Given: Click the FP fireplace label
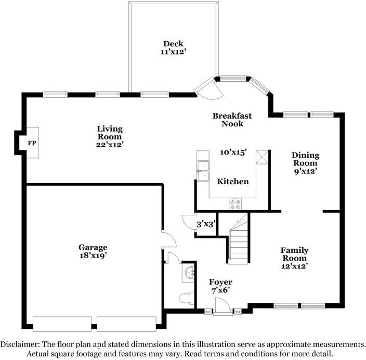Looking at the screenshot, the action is (x=32, y=143).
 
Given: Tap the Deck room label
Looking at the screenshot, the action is (x=173, y=44).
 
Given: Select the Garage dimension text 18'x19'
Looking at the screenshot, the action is (x=93, y=255).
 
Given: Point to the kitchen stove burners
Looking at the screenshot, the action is (x=235, y=204).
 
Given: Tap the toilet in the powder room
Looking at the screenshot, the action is (x=187, y=298).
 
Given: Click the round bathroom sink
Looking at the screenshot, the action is (x=189, y=272).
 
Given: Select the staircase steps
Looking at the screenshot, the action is (x=239, y=245).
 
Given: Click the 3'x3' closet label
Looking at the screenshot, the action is (x=206, y=225).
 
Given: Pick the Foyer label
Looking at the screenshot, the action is (x=220, y=282).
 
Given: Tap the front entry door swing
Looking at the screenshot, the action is (x=223, y=305).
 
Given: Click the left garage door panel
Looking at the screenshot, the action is (x=62, y=324).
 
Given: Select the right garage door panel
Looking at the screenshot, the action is (x=126, y=324).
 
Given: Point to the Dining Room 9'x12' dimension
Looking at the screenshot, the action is (x=305, y=171).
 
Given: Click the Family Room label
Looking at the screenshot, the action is (x=295, y=254).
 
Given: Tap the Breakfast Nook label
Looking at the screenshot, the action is (x=232, y=120).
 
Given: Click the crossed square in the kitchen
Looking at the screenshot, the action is (x=262, y=157).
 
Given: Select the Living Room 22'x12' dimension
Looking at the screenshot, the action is (x=110, y=145).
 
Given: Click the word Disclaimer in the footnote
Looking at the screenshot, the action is (x=20, y=344).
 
